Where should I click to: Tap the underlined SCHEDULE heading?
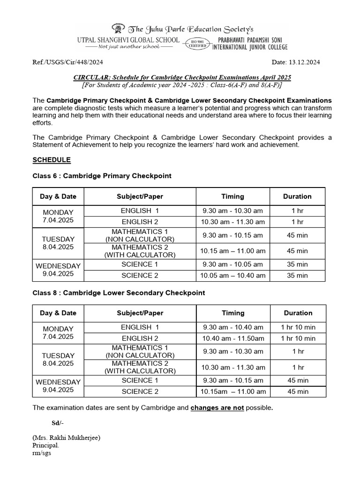click(x=52, y=160)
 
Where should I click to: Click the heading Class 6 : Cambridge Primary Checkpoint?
click(x=102, y=176)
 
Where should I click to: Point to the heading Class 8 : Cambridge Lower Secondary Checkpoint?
click(x=119, y=292)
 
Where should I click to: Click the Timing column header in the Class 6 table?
click(x=232, y=196)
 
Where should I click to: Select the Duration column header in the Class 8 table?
click(x=298, y=313)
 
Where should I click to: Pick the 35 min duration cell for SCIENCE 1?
click(x=297, y=264)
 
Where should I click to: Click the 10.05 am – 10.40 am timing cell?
click(x=233, y=276)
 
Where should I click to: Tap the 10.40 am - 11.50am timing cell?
click(x=233, y=338)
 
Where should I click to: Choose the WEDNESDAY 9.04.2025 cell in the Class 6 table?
click(x=58, y=270)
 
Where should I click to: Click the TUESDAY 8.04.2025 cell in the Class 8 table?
click(x=58, y=360)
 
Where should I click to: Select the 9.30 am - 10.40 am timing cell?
click(x=233, y=327)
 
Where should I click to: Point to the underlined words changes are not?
click(x=217, y=408)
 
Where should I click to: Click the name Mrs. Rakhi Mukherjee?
click(x=66, y=438)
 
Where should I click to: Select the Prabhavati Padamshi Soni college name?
click(x=250, y=41)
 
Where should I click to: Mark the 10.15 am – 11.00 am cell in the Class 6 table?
click(x=233, y=251)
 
